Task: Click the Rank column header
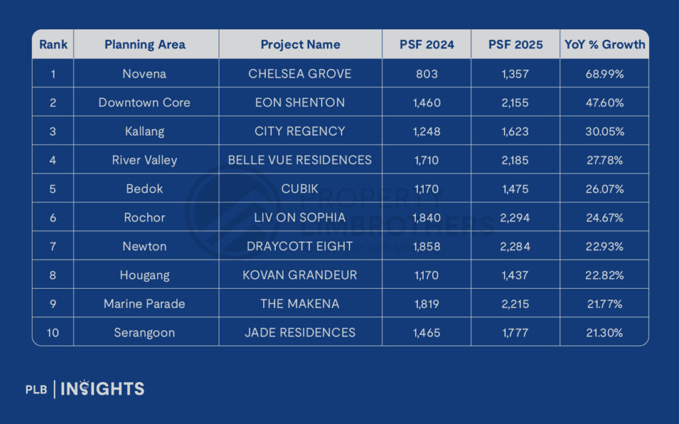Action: coord(52,45)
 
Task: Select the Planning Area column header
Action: coord(145,45)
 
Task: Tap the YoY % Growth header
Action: coord(604,45)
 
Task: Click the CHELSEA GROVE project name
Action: coord(300,74)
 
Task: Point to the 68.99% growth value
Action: coord(604,74)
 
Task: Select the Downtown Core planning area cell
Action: coord(145,103)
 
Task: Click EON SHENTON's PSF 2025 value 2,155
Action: coord(515,103)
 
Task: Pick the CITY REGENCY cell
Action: coord(300,131)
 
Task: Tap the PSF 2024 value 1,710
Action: coord(426,160)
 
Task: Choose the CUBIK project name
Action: coord(300,188)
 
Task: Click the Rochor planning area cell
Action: coord(145,218)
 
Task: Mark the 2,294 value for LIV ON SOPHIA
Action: coord(515,218)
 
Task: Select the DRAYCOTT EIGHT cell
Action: coord(300,246)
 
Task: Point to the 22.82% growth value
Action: coord(604,275)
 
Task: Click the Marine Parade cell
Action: coord(145,304)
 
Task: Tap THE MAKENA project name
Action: coord(300,304)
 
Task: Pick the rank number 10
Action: coord(52,332)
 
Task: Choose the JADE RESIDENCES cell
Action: coord(300,332)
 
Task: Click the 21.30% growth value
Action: coord(604,332)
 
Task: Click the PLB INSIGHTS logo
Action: coord(85,389)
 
